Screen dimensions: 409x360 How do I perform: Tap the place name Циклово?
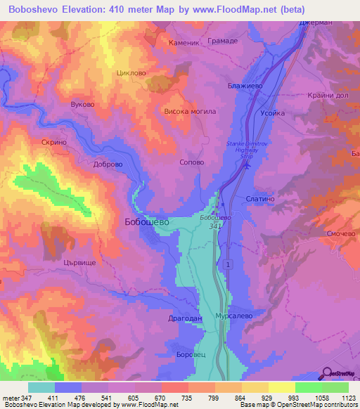129,72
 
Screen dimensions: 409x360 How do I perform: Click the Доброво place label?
108,165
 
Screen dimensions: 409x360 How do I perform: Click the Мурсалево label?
233,317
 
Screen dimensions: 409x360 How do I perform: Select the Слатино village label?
260,199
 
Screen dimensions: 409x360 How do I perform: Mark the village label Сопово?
192,162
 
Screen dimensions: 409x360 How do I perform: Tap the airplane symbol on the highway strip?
245,166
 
